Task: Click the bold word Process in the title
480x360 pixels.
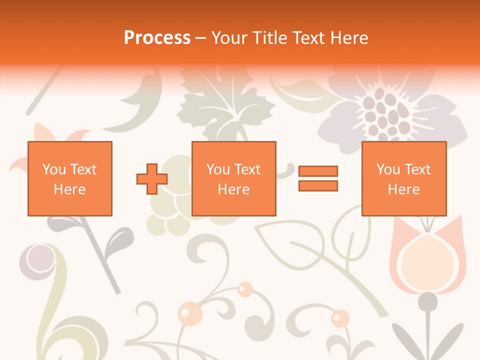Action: pyautogui.click(x=157, y=38)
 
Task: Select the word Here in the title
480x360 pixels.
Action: pyautogui.click(x=349, y=38)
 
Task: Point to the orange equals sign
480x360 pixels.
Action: pyautogui.click(x=318, y=178)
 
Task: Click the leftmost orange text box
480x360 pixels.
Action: pyautogui.click(x=69, y=178)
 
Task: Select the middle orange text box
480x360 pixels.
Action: pyautogui.click(x=233, y=178)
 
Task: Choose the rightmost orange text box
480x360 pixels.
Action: pyautogui.click(x=403, y=178)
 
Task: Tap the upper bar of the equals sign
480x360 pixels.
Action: pyautogui.click(x=318, y=171)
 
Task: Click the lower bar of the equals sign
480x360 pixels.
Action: pyautogui.click(x=318, y=185)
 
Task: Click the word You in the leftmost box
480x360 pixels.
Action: pyautogui.click(x=53, y=169)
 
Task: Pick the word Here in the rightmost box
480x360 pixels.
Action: pyautogui.click(x=403, y=189)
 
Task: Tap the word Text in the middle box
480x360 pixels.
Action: pyautogui.click(x=247, y=169)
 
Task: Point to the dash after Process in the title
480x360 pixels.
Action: pyautogui.click(x=201, y=38)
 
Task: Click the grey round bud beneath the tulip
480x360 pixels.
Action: pyautogui.click(x=427, y=302)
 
